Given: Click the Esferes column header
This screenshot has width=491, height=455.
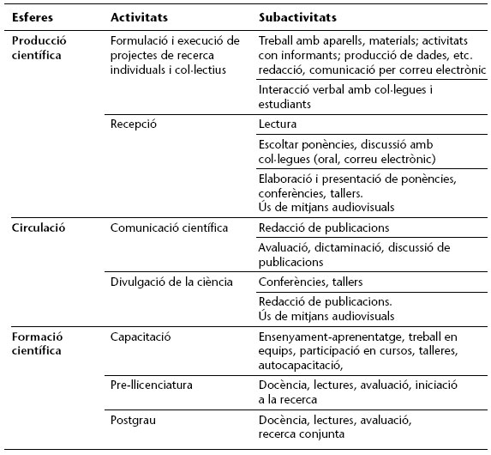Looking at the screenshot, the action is pos(32,17).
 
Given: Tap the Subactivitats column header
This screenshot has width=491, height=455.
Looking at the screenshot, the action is pos(297,17).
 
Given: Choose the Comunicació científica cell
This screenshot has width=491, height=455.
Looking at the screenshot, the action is pos(170,228).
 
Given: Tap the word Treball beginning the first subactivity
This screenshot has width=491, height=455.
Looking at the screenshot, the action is pos(277,40).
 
